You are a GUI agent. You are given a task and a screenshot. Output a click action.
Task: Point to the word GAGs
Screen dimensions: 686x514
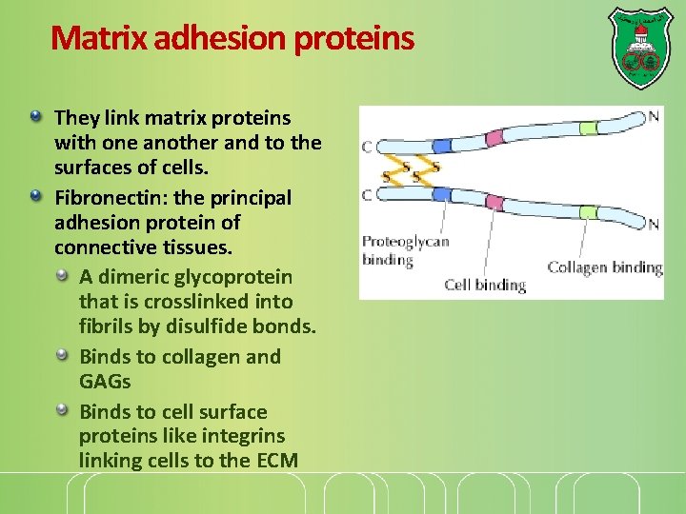coord(105,382)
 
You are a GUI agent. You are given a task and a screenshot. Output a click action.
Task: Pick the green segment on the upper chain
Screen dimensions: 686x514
coord(588,128)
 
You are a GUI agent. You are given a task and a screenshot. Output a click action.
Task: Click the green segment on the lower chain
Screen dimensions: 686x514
coord(588,212)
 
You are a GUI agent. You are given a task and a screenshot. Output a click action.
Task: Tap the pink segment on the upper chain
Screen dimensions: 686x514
coord(494,138)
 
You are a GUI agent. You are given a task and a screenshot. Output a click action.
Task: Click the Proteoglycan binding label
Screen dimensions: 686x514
coord(404,250)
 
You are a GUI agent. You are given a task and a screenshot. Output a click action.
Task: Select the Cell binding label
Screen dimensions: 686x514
coord(485,284)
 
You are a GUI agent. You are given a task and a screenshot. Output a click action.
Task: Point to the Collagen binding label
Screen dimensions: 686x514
coord(604,267)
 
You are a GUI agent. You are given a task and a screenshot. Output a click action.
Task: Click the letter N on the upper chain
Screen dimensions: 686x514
coord(653,117)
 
